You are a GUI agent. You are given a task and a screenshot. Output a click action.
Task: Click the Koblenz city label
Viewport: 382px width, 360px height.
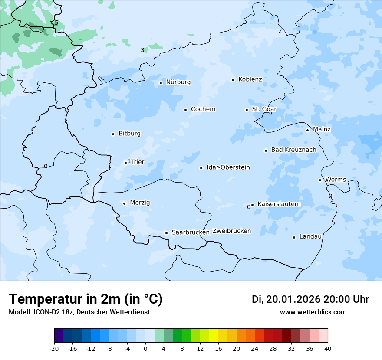pos(250,79)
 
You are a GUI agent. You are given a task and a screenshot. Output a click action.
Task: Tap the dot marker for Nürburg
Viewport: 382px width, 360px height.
pos(161,83)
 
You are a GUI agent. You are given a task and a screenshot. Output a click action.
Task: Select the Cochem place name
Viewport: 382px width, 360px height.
pos(203,109)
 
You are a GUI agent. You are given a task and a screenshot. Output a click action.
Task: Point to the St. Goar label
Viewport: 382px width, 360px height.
pos(264,109)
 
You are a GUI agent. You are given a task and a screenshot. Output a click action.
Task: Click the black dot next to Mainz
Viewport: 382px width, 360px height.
pos(307,130)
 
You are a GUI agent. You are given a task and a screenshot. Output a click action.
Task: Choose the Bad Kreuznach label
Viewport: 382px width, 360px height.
pos(293,150)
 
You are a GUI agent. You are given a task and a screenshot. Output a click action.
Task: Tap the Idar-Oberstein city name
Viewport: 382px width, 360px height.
pos(228,167)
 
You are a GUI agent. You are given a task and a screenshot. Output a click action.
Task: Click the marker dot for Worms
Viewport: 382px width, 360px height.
pos(320,180)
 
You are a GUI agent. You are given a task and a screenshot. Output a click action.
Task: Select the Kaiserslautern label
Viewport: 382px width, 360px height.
pos(279,204)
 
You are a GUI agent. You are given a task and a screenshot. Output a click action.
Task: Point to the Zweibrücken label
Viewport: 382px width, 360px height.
pos(231,231)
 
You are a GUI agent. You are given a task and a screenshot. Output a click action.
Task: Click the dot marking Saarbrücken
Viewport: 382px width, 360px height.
pos(166,233)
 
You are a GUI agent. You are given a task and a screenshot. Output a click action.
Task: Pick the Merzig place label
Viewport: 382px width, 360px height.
pos(140,203)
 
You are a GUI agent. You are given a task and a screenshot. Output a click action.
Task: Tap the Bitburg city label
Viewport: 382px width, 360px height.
pos(129,134)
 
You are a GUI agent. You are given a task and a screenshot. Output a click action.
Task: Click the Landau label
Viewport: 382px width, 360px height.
pos(310,237)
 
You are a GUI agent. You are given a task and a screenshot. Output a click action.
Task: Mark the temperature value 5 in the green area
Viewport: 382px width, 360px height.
pos(56,23)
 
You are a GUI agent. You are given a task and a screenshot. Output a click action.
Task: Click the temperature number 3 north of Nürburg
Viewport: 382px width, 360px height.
pos(142,50)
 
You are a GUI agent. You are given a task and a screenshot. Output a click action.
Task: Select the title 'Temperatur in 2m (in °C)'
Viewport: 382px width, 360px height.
pos(86,299)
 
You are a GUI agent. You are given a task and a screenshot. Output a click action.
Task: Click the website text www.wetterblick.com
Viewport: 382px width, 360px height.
pos(313,312)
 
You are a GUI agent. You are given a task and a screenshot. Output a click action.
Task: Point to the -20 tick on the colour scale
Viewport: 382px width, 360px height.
pos(54,349)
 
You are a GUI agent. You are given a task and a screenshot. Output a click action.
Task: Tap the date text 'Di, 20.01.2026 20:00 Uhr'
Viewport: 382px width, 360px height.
pos(310,299)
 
